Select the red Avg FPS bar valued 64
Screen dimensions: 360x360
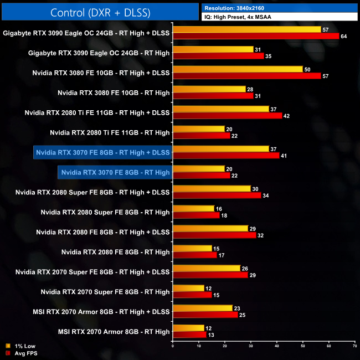pyautogui.click(x=255, y=37)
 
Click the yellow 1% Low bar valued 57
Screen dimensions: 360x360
pyautogui.click(x=246, y=29)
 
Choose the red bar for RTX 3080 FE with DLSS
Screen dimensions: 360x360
pyautogui.click(x=246, y=75)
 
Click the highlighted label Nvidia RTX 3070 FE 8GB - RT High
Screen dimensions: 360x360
pyautogui.click(x=115, y=172)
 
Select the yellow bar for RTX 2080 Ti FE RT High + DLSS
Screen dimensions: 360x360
pyautogui.click(x=220, y=109)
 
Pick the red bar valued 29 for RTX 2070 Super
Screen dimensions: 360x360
pyautogui.click(x=210, y=275)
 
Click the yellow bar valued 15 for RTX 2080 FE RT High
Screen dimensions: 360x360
pyautogui.click(x=192, y=249)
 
